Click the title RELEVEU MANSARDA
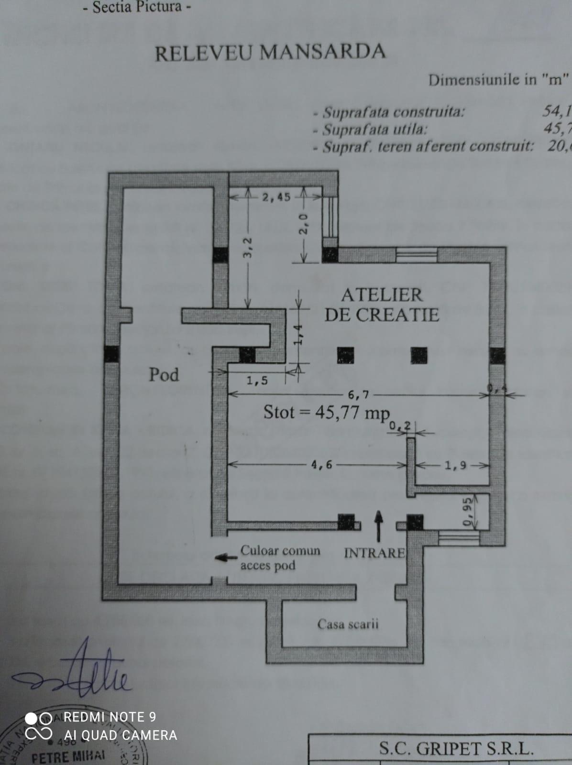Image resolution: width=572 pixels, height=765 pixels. click(270, 52)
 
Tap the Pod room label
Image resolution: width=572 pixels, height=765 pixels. click(164, 374)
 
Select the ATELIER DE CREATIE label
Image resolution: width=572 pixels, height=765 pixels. click(382, 305)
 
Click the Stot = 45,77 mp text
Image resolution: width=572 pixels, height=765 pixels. click(327, 412)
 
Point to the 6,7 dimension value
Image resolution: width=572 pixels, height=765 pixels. click(358, 394)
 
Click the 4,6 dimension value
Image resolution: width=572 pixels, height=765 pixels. click(321, 464)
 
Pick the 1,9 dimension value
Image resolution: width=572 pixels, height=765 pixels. click(455, 465)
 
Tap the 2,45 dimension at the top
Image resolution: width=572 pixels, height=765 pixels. click(276, 197)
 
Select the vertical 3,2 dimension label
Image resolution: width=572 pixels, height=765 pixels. click(247, 247)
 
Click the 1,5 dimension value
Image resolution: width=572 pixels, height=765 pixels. click(257, 381)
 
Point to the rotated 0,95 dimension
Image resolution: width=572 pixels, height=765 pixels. click(467, 512)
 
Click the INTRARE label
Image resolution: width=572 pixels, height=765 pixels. click(374, 553)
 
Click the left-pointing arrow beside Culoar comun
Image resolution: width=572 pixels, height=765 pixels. click(225, 557)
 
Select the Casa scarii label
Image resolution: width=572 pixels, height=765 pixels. click(348, 624)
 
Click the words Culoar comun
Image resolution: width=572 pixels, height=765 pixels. click(280, 550)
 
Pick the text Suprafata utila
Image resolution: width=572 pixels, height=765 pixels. click(375, 129)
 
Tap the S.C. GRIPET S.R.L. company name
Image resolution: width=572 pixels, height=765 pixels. click(456, 748)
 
